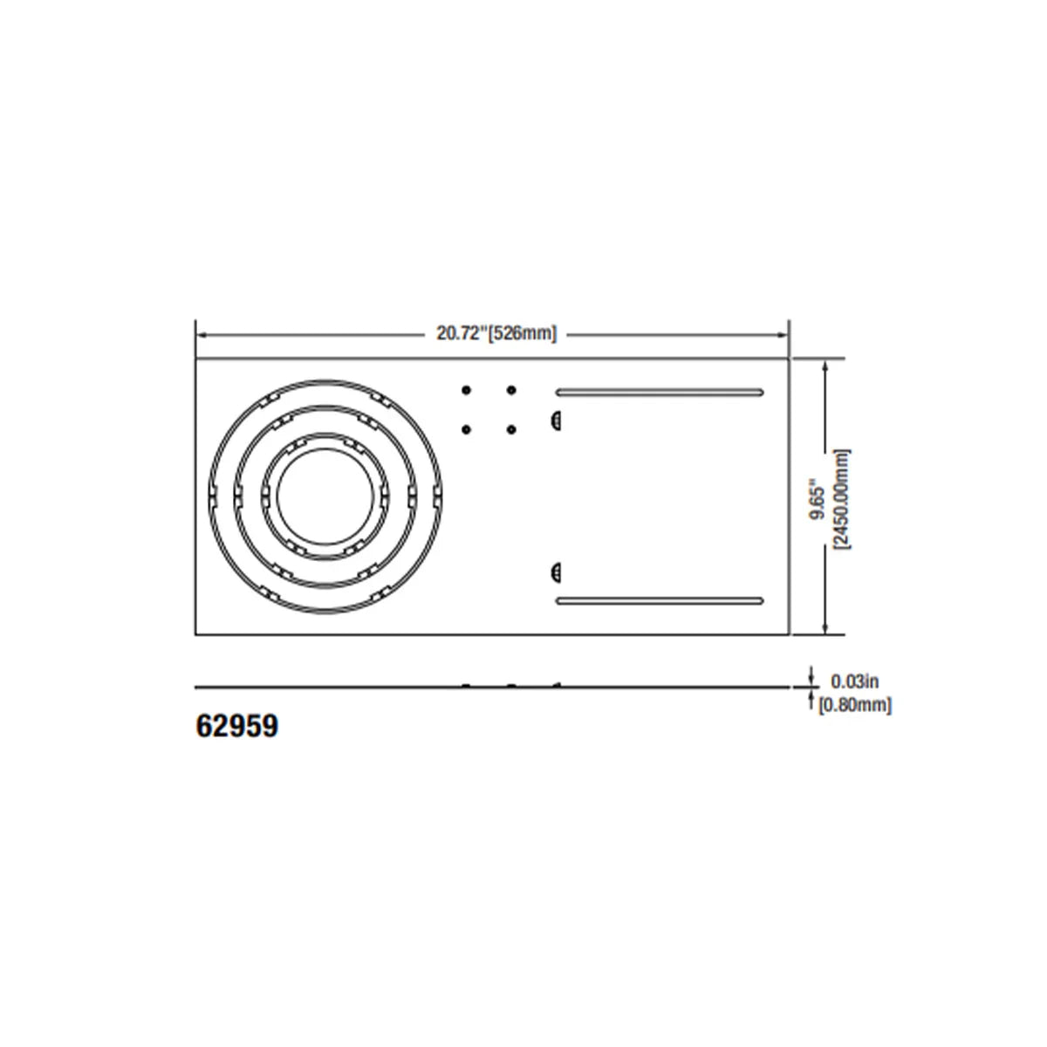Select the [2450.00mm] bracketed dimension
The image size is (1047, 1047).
click(x=843, y=498)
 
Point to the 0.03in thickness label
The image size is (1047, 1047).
click(x=854, y=681)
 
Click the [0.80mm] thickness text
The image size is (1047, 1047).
click(x=855, y=705)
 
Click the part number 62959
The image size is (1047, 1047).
click(x=236, y=726)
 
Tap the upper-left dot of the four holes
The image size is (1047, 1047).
click(x=466, y=389)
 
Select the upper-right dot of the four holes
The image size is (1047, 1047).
click(x=511, y=389)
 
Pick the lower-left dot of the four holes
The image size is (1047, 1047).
click(x=466, y=428)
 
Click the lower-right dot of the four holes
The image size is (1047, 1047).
click(x=511, y=428)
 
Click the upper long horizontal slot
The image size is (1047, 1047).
click(x=660, y=392)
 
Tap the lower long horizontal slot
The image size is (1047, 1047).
click(x=660, y=600)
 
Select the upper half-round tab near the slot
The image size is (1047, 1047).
click(x=554, y=421)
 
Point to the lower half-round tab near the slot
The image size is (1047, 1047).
click(x=554, y=572)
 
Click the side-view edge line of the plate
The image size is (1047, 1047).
click(x=349, y=688)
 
